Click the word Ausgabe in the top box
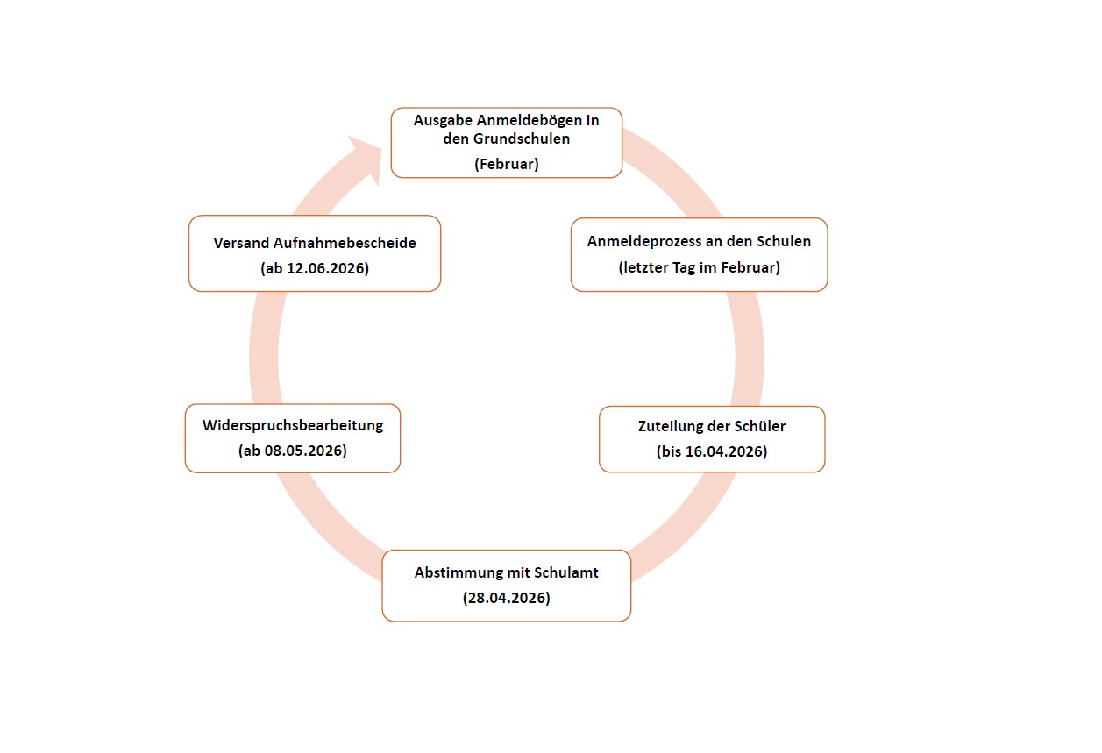tap(443, 121)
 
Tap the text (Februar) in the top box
tap(506, 164)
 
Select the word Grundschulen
tap(521, 139)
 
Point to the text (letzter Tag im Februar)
tap(699, 267)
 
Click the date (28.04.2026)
tap(506, 598)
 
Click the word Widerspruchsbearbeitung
tap(293, 426)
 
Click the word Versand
tap(241, 243)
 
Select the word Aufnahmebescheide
tap(345, 243)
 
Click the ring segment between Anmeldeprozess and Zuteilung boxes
tap(749, 349)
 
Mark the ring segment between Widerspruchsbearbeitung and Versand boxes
tap(265, 348)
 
